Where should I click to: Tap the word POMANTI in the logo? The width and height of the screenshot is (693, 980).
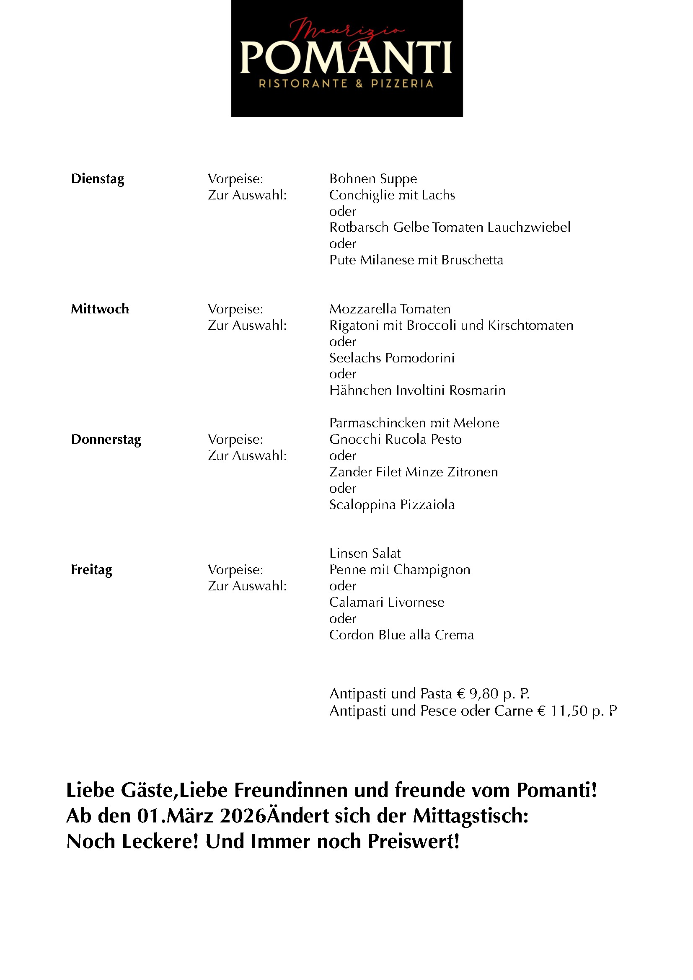click(346, 58)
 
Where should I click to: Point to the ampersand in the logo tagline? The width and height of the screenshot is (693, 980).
click(359, 84)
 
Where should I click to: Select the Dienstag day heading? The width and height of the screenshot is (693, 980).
click(98, 179)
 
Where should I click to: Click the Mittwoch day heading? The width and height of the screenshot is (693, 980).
click(100, 309)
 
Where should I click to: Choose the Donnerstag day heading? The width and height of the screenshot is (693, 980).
click(106, 440)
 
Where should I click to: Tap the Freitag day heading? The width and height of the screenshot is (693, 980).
click(91, 570)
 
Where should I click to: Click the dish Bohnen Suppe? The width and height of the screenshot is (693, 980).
click(373, 179)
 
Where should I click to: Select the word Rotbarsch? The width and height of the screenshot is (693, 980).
click(359, 228)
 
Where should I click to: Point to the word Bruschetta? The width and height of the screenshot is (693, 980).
click(472, 260)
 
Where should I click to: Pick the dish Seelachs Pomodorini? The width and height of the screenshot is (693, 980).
click(392, 358)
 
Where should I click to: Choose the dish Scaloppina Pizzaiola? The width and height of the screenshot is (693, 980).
click(392, 505)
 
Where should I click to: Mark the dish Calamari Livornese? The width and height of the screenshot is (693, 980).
click(387, 602)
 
